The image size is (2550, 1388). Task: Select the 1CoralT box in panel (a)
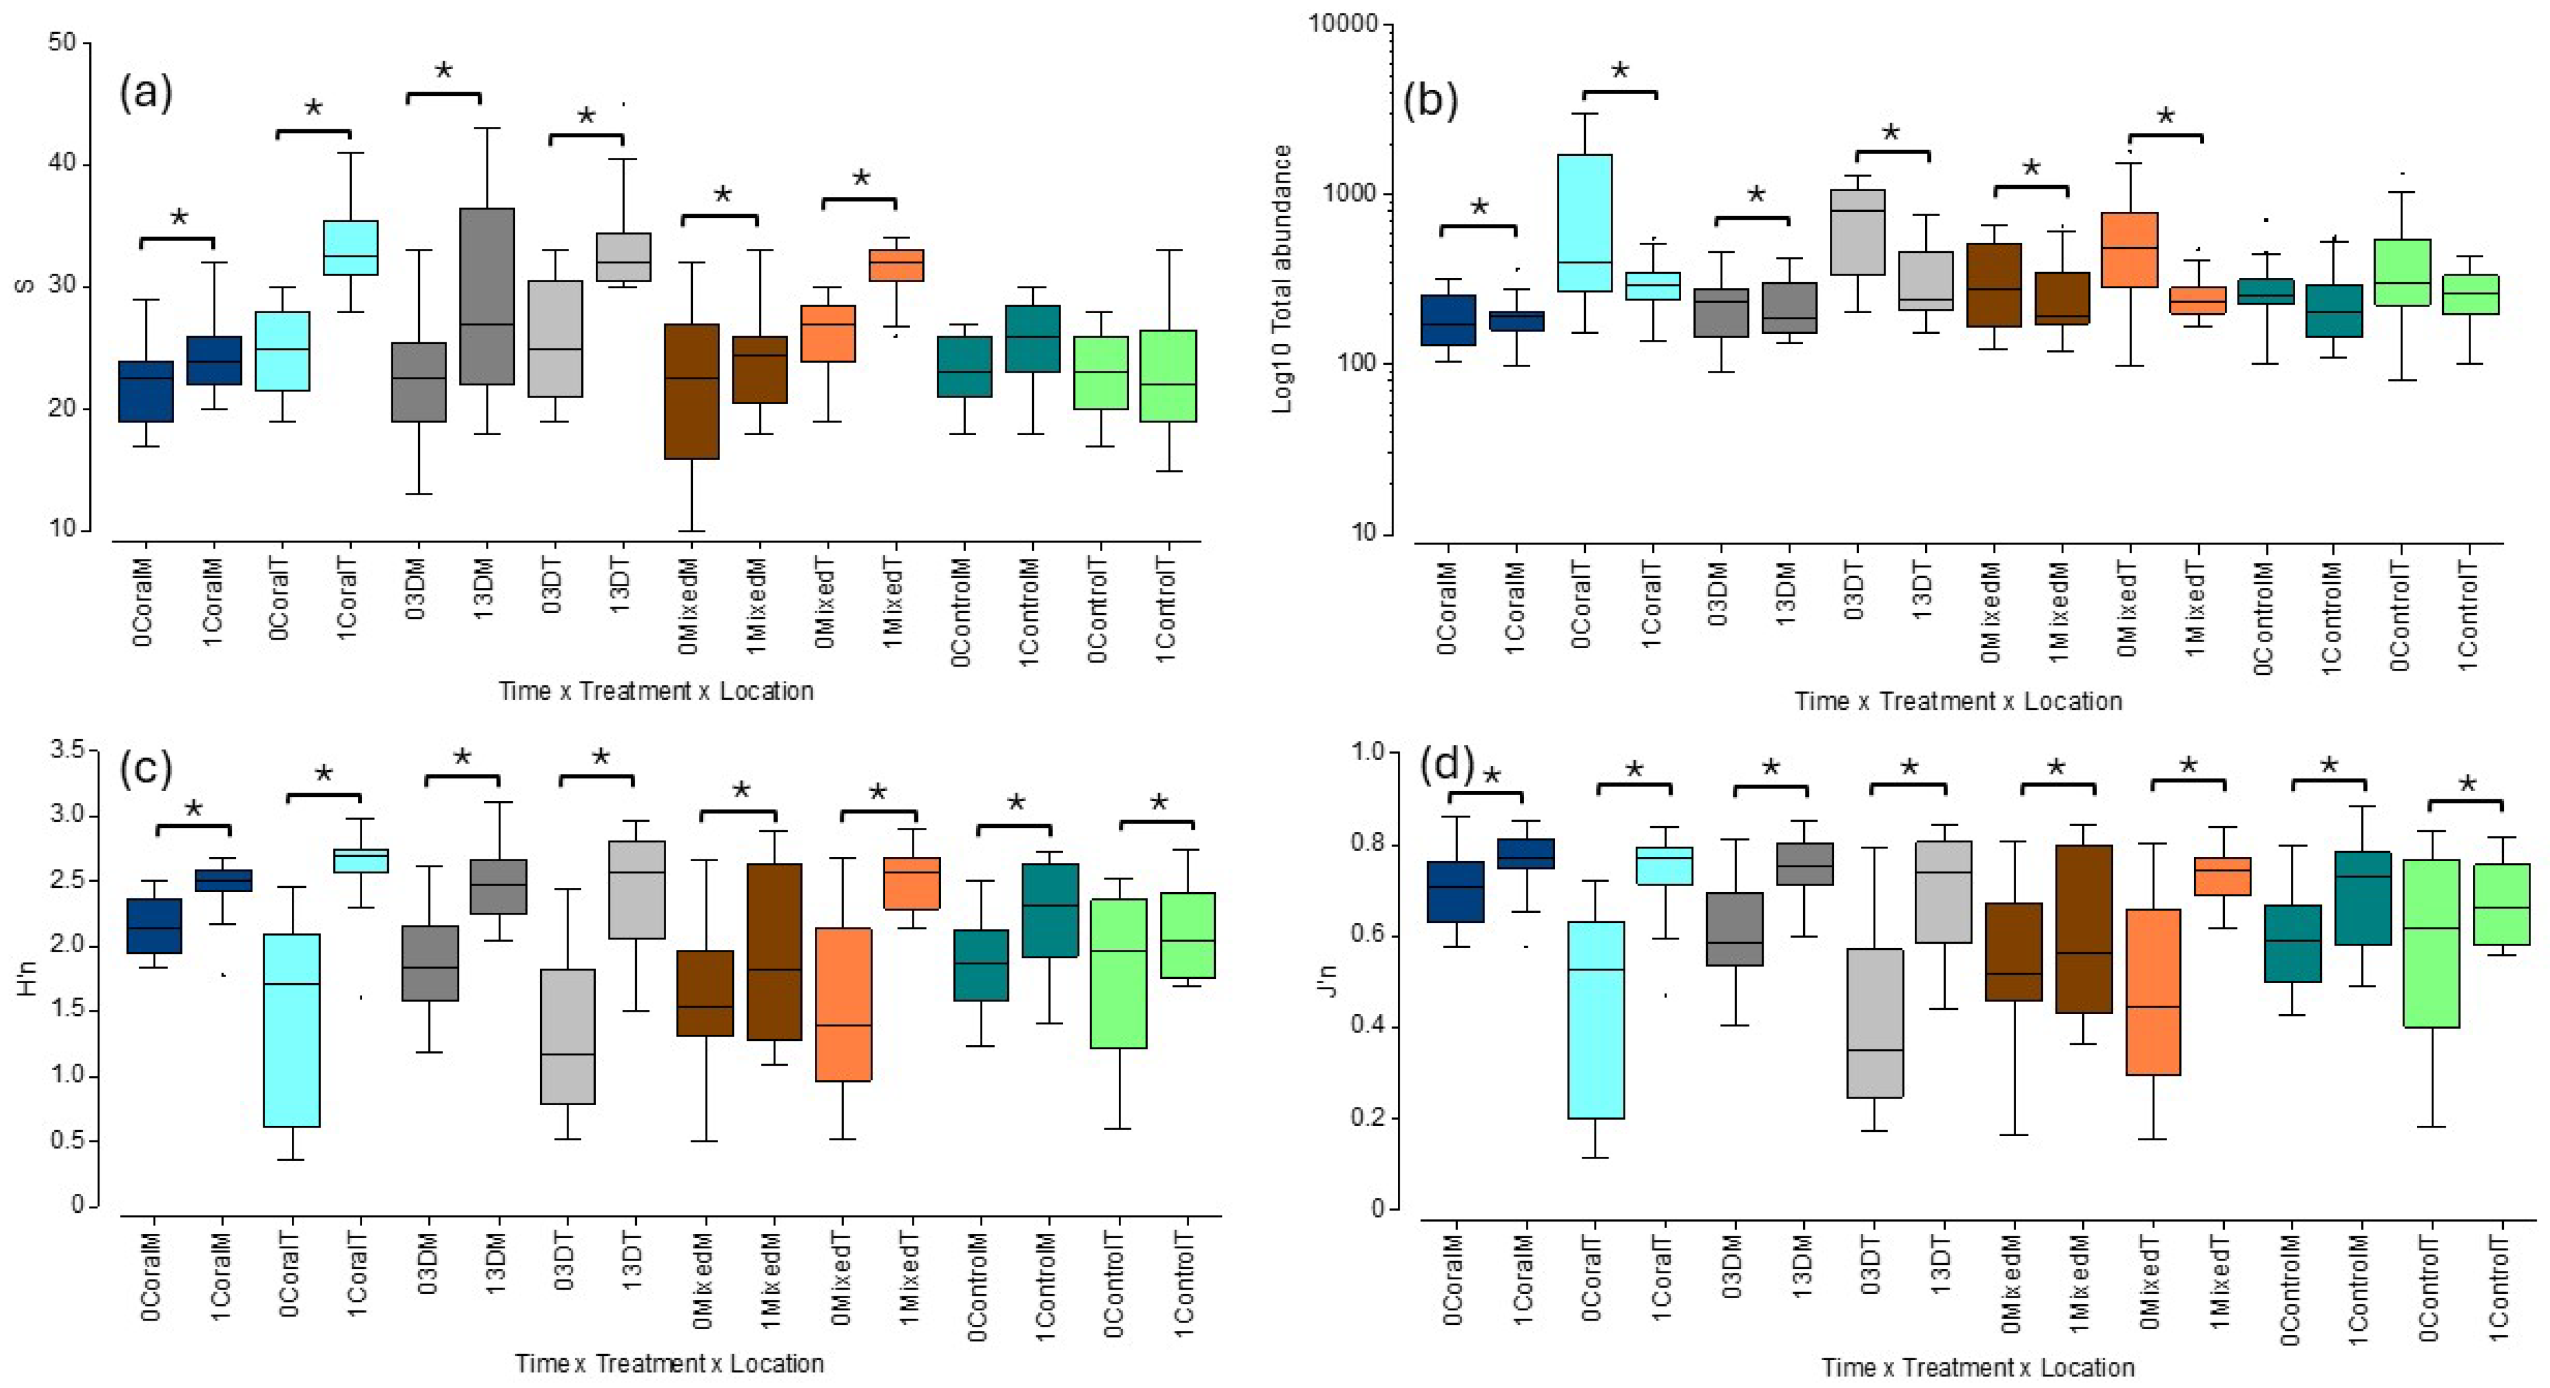pos(351,248)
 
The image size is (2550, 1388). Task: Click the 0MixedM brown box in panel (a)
pos(691,391)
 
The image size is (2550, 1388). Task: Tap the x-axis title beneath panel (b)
pos(1958,701)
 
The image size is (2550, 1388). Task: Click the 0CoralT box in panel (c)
pos(291,1029)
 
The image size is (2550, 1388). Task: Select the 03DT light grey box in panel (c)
pos(567,1035)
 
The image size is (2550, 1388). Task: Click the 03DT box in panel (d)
pos(1875,1023)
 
